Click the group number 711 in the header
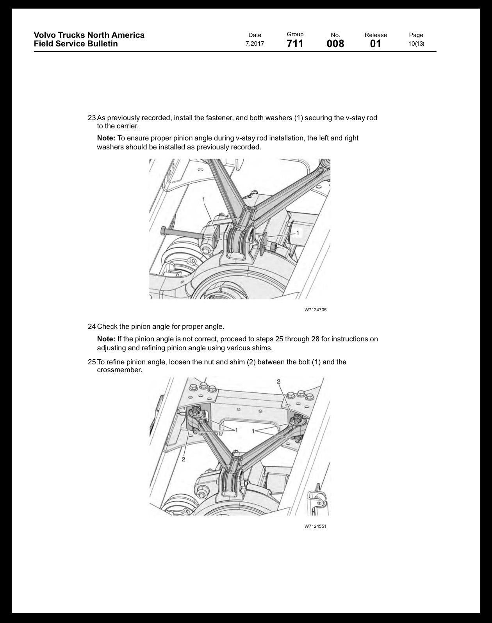pos(295,44)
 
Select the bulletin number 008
pos(335,44)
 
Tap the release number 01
pos(376,44)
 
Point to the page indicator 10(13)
pos(416,44)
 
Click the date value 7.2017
pos(255,44)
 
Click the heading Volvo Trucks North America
pos(89,35)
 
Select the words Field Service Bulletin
pos(76,44)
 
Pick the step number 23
pos(91,118)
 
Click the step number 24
pos(91,327)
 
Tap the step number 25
pos(91,362)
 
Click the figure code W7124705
pos(315,310)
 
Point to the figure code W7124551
pos(315,526)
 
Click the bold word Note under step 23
pos(106,138)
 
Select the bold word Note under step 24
pos(106,339)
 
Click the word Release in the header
pos(376,35)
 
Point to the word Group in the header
pos(295,34)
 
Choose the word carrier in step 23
pos(128,126)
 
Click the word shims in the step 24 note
pos(263,348)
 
